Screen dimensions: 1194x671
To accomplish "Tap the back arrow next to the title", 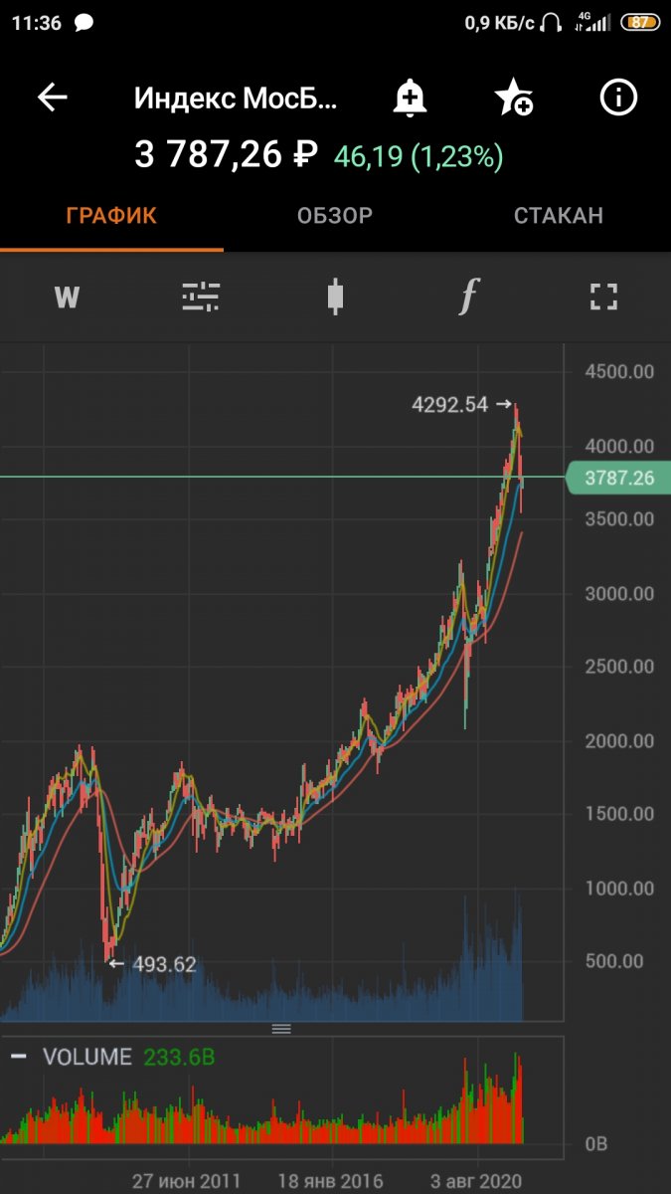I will tap(53, 98).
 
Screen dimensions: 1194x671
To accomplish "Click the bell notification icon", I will tap(409, 98).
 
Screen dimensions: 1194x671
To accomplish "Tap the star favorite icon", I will tap(513, 98).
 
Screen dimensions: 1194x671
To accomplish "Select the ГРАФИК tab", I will tap(111, 216).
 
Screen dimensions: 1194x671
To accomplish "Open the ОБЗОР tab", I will tap(335, 216).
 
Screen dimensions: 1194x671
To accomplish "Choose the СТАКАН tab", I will tap(558, 216).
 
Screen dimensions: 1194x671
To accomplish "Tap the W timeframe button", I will tap(67, 297).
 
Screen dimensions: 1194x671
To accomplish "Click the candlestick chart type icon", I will tap(335, 297).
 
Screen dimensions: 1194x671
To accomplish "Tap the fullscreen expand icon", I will tap(603, 297).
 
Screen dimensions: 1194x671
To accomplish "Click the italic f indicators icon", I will tap(469, 297).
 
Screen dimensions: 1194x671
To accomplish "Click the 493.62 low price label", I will tap(164, 964).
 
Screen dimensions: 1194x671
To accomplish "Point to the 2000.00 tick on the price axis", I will tap(618, 741).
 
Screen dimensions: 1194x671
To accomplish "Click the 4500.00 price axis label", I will tap(618, 372).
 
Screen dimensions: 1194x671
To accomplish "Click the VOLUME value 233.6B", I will tap(179, 1057).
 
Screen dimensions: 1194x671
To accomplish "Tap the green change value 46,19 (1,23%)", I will tap(419, 156).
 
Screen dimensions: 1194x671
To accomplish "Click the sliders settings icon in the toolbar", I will tap(201, 297).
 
